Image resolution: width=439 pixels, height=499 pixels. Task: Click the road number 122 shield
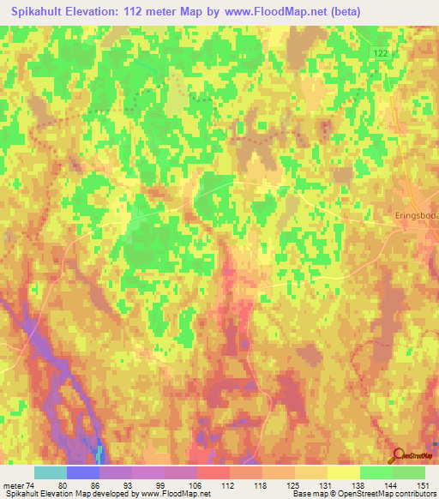(x=381, y=53)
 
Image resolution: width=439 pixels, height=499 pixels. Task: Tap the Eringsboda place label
(x=417, y=215)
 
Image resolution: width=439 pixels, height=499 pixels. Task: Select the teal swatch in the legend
(x=51, y=472)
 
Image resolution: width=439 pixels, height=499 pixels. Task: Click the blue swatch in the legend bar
(x=83, y=472)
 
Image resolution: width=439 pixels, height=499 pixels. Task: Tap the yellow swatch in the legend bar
(x=344, y=472)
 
